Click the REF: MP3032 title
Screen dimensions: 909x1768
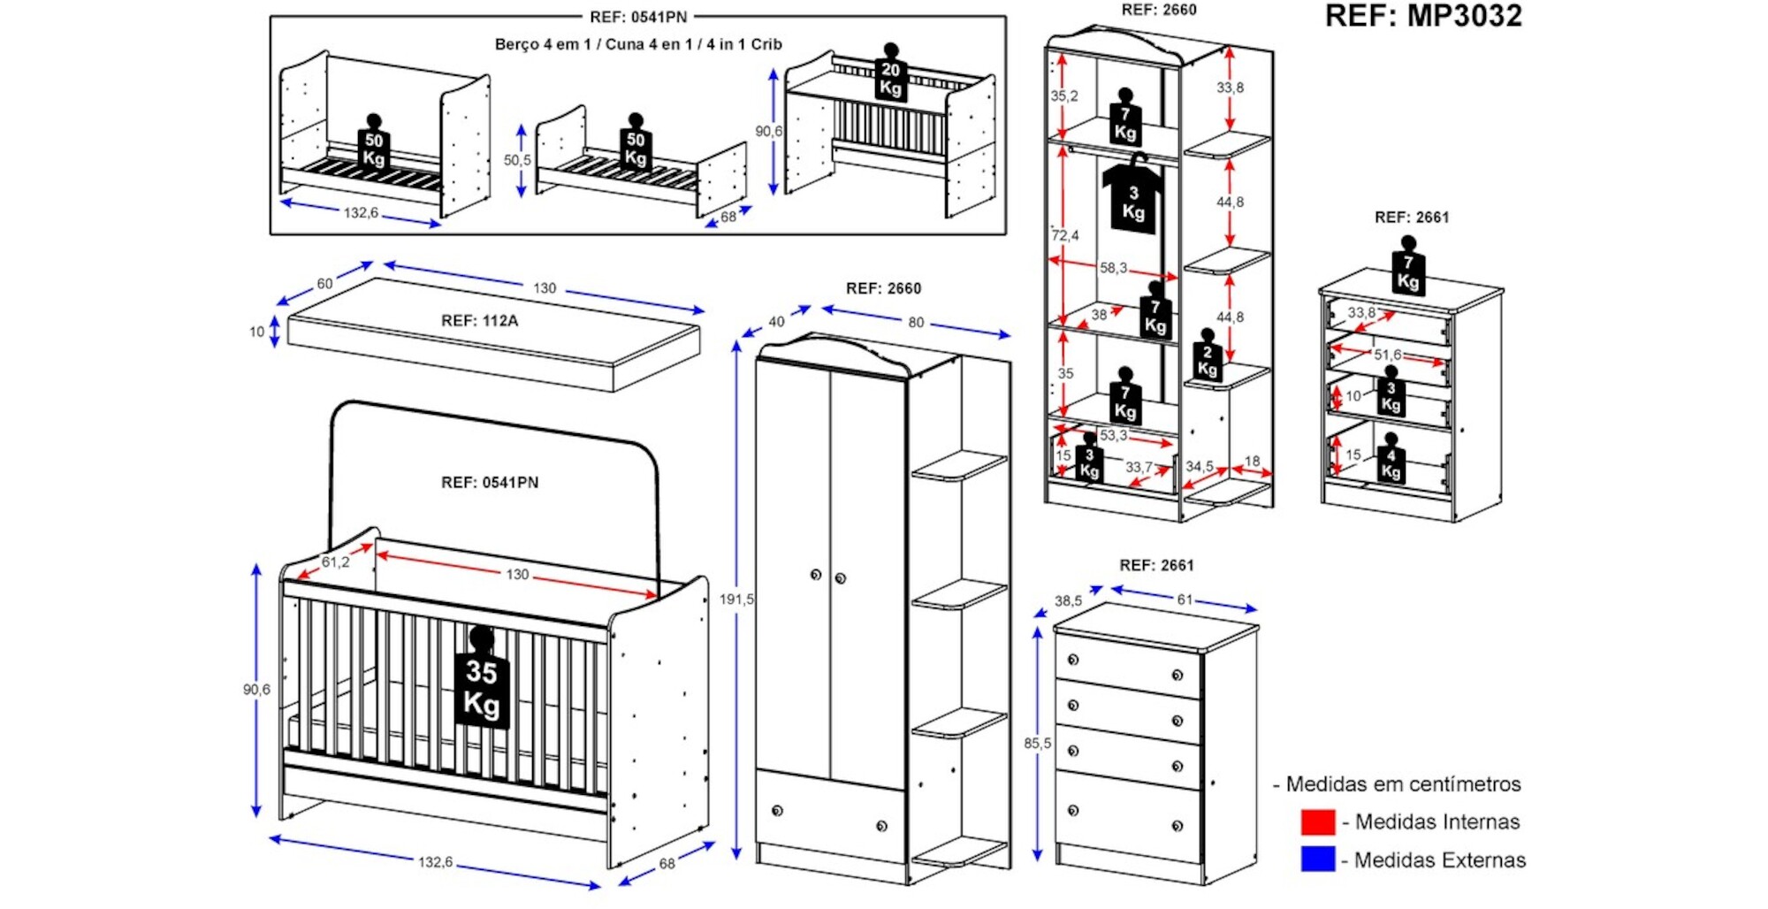tap(1423, 16)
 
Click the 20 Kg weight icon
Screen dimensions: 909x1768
tap(890, 78)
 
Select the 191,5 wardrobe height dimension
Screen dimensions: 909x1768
tap(735, 600)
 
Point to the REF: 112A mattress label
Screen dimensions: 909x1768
tap(479, 321)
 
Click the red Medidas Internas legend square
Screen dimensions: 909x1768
tap(1317, 822)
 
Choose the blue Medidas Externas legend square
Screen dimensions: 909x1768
tap(1317, 859)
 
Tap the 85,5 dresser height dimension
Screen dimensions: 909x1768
tap(1037, 744)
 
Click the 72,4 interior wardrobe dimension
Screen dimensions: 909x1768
tap(1065, 236)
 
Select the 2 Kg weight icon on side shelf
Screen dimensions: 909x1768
tap(1208, 358)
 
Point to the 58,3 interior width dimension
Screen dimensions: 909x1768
tap(1113, 268)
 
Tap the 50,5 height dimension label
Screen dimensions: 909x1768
tap(517, 160)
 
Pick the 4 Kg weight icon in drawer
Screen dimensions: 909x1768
tap(1391, 462)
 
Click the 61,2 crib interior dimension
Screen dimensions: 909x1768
tap(335, 562)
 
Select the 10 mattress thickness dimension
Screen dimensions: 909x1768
tap(256, 332)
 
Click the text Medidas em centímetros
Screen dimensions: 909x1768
tap(1403, 784)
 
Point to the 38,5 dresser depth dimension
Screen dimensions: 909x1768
tap(1068, 601)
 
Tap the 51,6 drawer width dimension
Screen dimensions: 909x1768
tap(1387, 355)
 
